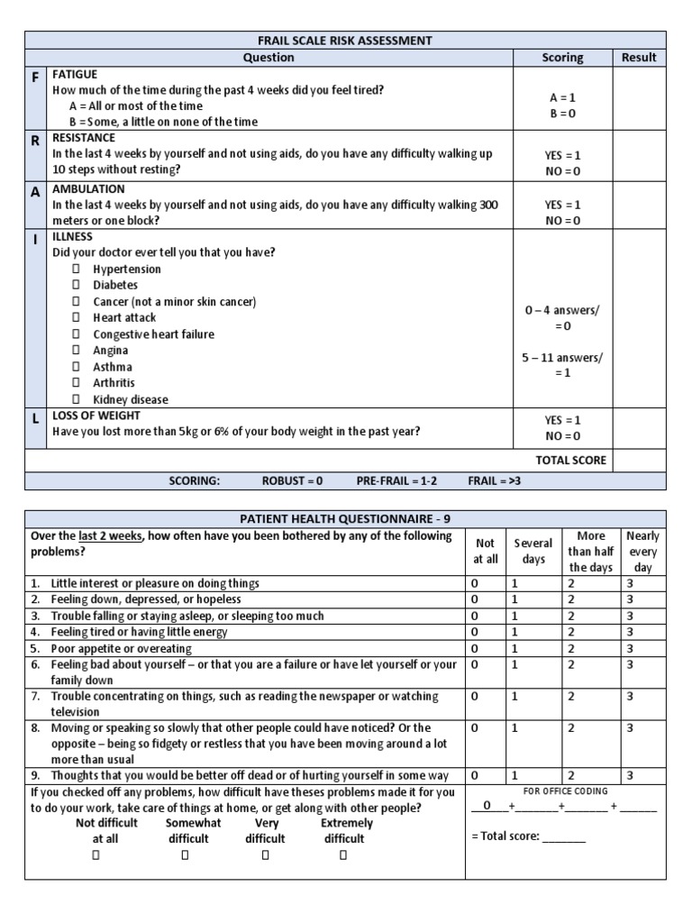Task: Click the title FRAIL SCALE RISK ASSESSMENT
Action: [346, 41]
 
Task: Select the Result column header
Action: [640, 58]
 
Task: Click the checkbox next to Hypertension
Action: [77, 270]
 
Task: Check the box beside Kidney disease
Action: [77, 399]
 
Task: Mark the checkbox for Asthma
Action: [77, 367]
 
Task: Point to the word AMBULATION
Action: [88, 189]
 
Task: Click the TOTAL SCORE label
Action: [571, 460]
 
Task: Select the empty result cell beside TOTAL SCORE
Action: [640, 460]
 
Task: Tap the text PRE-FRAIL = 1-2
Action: [396, 481]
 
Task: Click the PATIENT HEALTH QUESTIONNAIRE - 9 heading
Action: [346, 518]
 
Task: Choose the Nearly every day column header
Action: [642, 552]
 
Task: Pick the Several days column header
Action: [533, 552]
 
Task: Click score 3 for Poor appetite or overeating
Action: [630, 649]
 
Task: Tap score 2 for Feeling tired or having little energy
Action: [570, 633]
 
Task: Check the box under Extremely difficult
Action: [342, 855]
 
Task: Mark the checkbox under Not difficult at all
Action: [106, 855]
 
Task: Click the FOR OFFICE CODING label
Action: [565, 791]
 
